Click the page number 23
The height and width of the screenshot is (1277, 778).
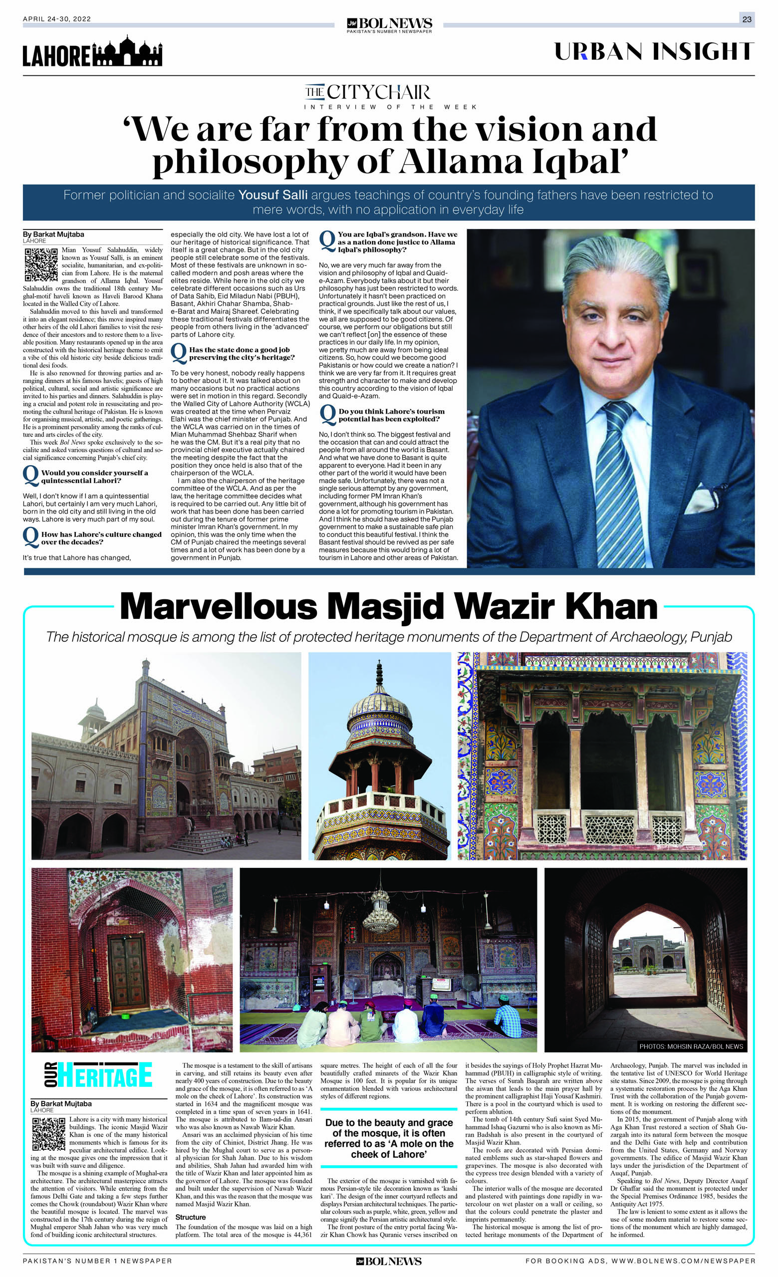tap(747, 19)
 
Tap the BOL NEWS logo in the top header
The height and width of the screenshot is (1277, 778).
tap(389, 24)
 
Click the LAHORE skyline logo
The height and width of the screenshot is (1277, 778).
tap(92, 52)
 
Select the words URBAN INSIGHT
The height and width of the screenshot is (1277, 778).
tap(654, 52)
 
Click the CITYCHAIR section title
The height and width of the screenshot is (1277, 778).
tap(367, 92)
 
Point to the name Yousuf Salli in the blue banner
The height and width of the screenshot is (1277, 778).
tap(272, 196)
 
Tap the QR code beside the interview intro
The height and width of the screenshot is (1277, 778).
tap(41, 264)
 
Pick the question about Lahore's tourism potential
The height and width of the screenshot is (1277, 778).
tap(391, 415)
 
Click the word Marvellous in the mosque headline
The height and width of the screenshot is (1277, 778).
tap(218, 607)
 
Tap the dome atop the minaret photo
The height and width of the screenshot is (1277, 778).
tap(379, 707)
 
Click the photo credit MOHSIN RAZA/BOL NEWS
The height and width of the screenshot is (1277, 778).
tap(691, 1046)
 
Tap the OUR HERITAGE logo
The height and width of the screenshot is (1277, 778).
tap(98, 1075)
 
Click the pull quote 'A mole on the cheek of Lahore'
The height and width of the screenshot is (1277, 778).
tap(389, 1138)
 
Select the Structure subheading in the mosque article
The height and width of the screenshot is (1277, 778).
tap(190, 1217)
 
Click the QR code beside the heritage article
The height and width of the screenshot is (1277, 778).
tap(49, 1134)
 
